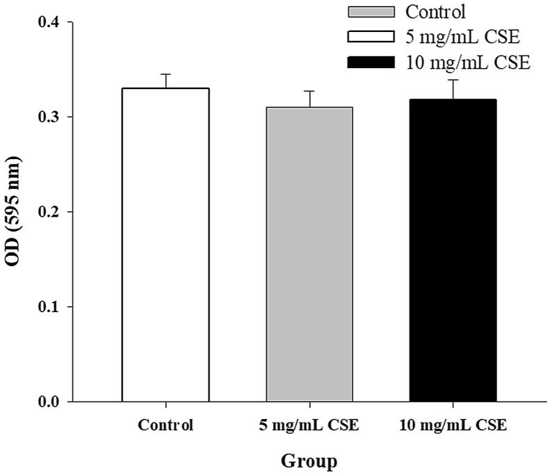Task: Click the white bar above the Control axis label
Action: click(x=165, y=245)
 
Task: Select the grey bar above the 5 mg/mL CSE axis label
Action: click(x=309, y=254)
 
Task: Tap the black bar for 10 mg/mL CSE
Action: click(x=453, y=250)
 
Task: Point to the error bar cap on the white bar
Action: click(x=165, y=74)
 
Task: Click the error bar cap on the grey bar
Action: click(x=309, y=91)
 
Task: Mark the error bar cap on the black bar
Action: click(x=453, y=80)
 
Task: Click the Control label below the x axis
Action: click(x=165, y=425)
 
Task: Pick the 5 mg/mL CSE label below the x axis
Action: click(x=309, y=425)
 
